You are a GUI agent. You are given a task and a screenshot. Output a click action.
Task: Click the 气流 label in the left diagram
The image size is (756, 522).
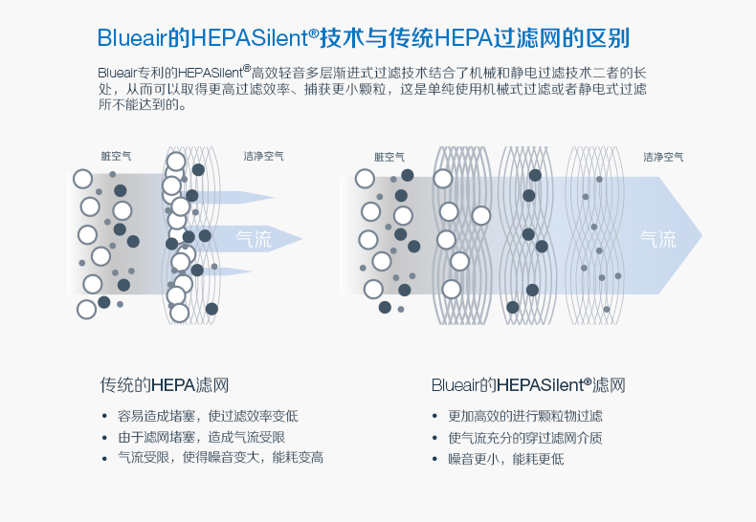point(254,239)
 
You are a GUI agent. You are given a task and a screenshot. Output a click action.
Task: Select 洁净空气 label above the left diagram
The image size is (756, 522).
point(263,156)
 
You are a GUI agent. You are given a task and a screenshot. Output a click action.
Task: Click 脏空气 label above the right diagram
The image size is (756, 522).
point(389,156)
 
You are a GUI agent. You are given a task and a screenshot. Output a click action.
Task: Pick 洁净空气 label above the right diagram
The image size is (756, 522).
point(663,156)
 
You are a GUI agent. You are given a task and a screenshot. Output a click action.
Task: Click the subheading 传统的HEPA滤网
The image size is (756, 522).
point(165,385)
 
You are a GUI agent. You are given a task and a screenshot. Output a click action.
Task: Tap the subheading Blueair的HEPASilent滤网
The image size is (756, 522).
point(528,385)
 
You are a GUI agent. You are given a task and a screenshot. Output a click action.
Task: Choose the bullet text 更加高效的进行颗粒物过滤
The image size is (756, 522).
point(525,416)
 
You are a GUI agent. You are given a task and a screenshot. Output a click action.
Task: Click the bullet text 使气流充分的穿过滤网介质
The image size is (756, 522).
point(525,437)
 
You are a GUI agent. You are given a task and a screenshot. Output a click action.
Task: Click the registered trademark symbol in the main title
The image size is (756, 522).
point(312,33)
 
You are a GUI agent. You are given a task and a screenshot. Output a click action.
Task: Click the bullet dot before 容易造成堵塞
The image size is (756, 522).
point(104,417)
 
